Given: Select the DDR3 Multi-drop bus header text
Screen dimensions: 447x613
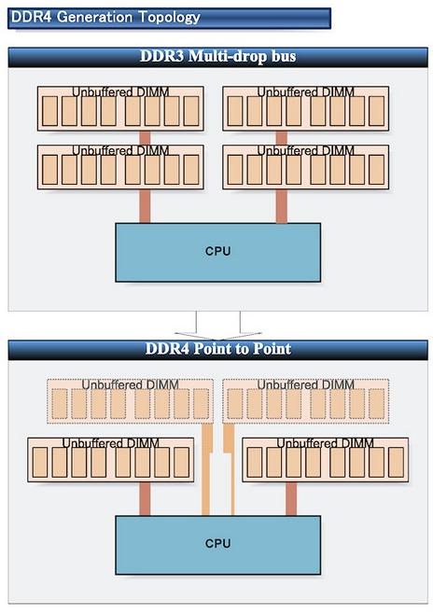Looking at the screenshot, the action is (217, 56).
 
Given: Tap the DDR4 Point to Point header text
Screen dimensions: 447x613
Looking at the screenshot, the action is (217, 349).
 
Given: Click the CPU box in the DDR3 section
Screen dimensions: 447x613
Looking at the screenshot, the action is (217, 252).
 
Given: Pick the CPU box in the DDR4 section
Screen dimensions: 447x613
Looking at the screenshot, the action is (217, 545).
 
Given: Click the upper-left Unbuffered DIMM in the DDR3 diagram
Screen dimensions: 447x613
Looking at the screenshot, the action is (120, 108).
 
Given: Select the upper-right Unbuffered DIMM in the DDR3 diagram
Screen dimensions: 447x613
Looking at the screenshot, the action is (306, 108).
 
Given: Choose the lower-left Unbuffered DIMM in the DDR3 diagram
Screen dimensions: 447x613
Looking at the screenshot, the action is (120, 167).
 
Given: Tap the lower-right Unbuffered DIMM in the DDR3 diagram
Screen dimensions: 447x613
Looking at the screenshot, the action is (306, 167).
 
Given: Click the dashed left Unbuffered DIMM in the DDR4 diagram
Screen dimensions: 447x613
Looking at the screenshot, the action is (131, 401).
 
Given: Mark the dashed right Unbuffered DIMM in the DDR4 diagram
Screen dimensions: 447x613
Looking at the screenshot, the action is (306, 401).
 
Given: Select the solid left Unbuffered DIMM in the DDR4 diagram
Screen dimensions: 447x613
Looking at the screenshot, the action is (111, 460).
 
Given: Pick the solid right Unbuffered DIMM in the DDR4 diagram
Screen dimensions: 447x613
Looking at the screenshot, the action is (326, 460).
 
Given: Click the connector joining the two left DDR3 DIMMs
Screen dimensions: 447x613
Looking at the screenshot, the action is (145, 138).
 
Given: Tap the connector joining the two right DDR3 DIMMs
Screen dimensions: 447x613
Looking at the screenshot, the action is (281, 138).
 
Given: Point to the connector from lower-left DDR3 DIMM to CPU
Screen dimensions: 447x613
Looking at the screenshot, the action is (145, 206).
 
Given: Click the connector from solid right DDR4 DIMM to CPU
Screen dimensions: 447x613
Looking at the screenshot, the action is (291, 499).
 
